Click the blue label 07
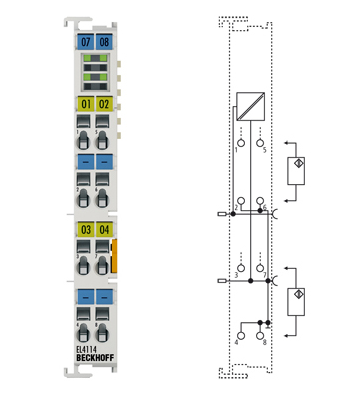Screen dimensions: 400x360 pyautogui.click(x=85, y=42)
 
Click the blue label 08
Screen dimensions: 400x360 pyautogui.click(x=104, y=42)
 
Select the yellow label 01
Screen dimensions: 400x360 pyautogui.click(x=85, y=104)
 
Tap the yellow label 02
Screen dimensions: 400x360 pyautogui.click(x=104, y=104)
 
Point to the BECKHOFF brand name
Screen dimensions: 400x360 pyautogui.click(x=95, y=360)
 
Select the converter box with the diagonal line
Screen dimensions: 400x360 pyautogui.click(x=250, y=105)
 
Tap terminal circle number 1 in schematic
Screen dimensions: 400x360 pyautogui.click(x=240, y=142)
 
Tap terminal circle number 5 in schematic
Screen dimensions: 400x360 pyautogui.click(x=260, y=142)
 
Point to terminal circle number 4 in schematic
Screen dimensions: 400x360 pyautogui.click(x=240, y=335)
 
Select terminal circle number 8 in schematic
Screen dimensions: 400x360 pyautogui.click(x=260, y=335)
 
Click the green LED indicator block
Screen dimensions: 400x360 pyautogui.click(x=94, y=73)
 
